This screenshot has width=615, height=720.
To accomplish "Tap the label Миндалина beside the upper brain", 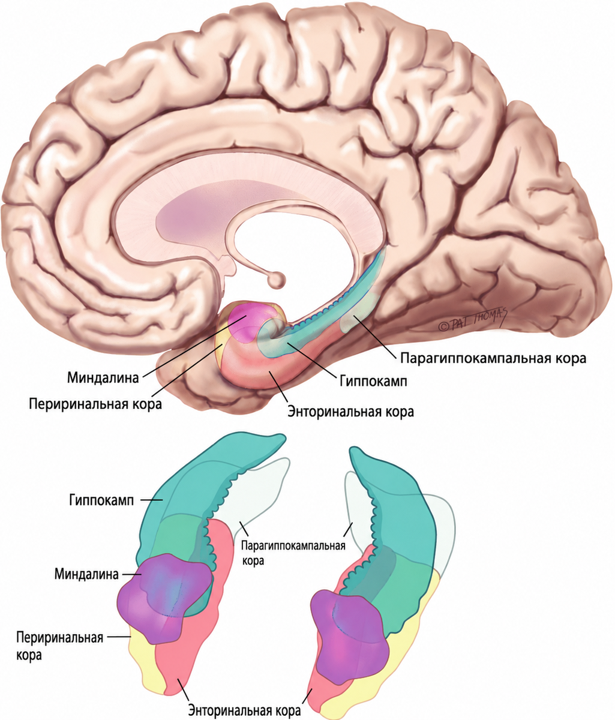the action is [x=103, y=377].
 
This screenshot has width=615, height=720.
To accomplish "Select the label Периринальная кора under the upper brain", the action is [x=95, y=404].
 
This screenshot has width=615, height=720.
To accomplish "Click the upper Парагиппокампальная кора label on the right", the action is [x=493, y=358].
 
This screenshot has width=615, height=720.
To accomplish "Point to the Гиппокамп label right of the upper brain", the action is [x=373, y=382].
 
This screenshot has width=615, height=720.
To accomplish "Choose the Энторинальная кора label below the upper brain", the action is [x=350, y=411].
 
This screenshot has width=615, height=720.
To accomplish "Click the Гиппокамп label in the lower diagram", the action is [x=101, y=500].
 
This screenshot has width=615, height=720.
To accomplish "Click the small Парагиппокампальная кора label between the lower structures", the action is [x=293, y=552].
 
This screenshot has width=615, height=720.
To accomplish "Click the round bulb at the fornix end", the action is [x=276, y=280].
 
